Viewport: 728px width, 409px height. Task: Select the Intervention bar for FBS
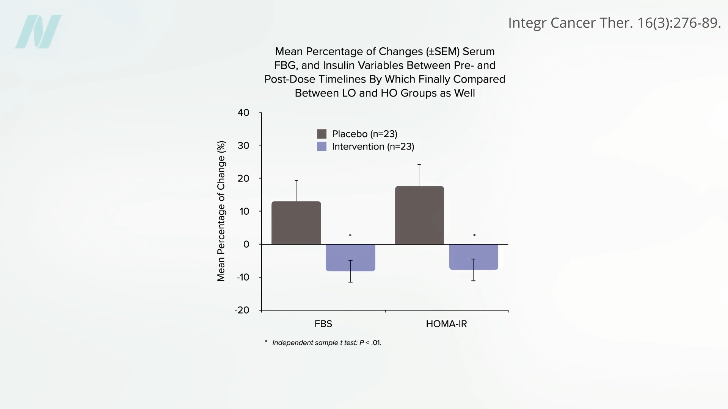pyautogui.click(x=350, y=258)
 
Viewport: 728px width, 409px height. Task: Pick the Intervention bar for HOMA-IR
pyautogui.click(x=474, y=257)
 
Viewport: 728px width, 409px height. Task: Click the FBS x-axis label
pyautogui.click(x=323, y=324)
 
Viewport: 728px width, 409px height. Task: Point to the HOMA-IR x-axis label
pyautogui.click(x=446, y=324)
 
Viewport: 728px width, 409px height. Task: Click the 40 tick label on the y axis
pyautogui.click(x=243, y=112)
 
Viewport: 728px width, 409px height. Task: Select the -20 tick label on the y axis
pyautogui.click(x=242, y=310)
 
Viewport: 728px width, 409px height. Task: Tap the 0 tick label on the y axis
pyautogui.click(x=246, y=244)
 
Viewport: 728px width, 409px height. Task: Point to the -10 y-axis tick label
pyautogui.click(x=243, y=277)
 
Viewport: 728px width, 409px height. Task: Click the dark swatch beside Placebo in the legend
pyautogui.click(x=322, y=134)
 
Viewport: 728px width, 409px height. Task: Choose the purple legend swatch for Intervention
pyautogui.click(x=322, y=147)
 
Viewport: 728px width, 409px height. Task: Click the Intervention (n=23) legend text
pyautogui.click(x=373, y=147)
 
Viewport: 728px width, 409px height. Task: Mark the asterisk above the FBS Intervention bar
pyautogui.click(x=350, y=236)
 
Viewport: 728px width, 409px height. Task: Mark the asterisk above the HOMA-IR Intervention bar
pyautogui.click(x=474, y=236)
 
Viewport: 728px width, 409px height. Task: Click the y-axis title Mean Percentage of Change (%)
pyautogui.click(x=221, y=211)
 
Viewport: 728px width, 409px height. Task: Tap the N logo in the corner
pyautogui.click(x=38, y=31)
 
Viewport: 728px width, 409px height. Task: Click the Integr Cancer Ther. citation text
pyautogui.click(x=614, y=23)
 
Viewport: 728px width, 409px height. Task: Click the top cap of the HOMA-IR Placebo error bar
pyautogui.click(x=419, y=165)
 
